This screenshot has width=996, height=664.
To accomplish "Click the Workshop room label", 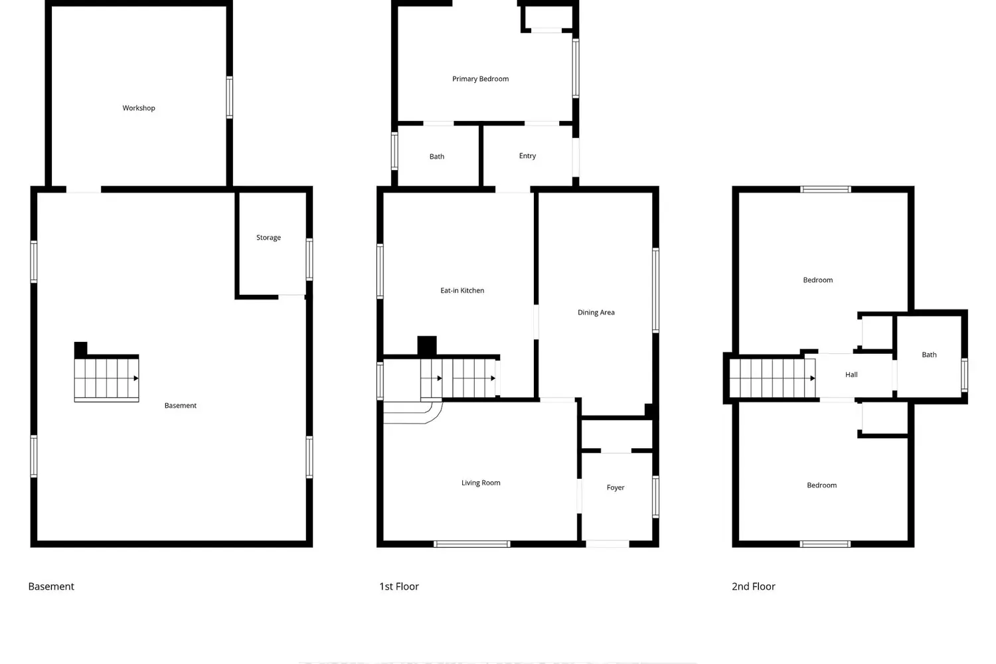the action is (x=139, y=108).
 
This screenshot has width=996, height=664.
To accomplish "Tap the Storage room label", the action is (x=268, y=238).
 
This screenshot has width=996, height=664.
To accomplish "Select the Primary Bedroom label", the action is (x=480, y=79).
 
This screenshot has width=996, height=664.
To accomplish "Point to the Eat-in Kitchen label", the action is (x=462, y=290).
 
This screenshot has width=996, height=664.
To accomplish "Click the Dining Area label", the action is (x=596, y=313).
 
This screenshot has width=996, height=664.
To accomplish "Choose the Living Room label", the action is (x=481, y=483).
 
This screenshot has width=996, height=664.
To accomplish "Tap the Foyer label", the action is (x=616, y=488).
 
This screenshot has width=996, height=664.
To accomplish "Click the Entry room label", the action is (x=527, y=156).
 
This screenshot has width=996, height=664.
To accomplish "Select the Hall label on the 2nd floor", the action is (x=851, y=374).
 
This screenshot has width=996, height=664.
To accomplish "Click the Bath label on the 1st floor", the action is (x=437, y=157).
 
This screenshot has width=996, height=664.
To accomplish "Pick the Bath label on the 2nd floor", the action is (x=929, y=355).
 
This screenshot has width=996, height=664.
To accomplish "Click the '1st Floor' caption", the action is (x=399, y=586).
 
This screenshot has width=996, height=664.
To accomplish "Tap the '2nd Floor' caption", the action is (x=753, y=586).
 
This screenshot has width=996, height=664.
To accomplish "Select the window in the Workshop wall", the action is (x=230, y=98).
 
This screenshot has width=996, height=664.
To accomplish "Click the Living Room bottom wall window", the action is (x=471, y=544).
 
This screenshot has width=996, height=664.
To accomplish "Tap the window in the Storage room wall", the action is (x=309, y=260).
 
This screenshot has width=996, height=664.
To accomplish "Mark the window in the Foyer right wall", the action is (x=655, y=497).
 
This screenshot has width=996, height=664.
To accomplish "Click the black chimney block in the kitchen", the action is (x=427, y=346).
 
